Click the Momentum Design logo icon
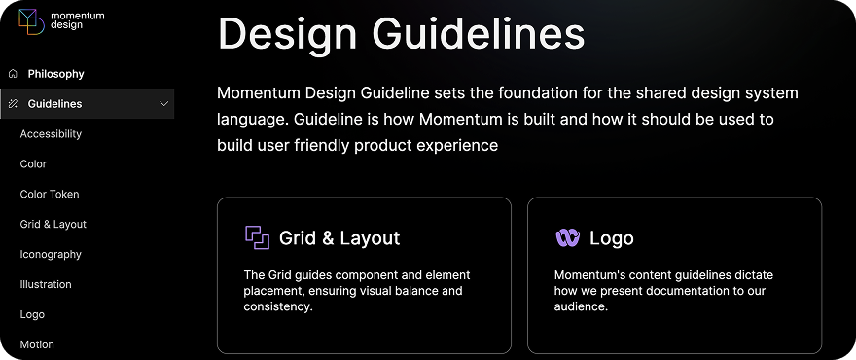pos(31,21)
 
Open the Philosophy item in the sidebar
pos(55,74)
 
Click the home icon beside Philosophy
pos(13,74)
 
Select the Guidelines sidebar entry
pos(54,104)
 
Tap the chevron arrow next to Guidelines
pos(163,104)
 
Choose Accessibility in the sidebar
pos(51,134)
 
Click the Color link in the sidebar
pos(33,164)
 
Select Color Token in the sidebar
pos(50,195)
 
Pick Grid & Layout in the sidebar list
pos(53,225)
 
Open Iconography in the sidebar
pos(51,255)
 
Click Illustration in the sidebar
pos(46,285)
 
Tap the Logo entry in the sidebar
pos(32,315)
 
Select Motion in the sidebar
pos(37,344)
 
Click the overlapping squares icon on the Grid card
pos(257,237)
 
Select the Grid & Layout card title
pos(339,238)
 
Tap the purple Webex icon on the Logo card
pos(567,238)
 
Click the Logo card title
pos(612,238)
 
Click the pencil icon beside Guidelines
pos(13,104)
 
